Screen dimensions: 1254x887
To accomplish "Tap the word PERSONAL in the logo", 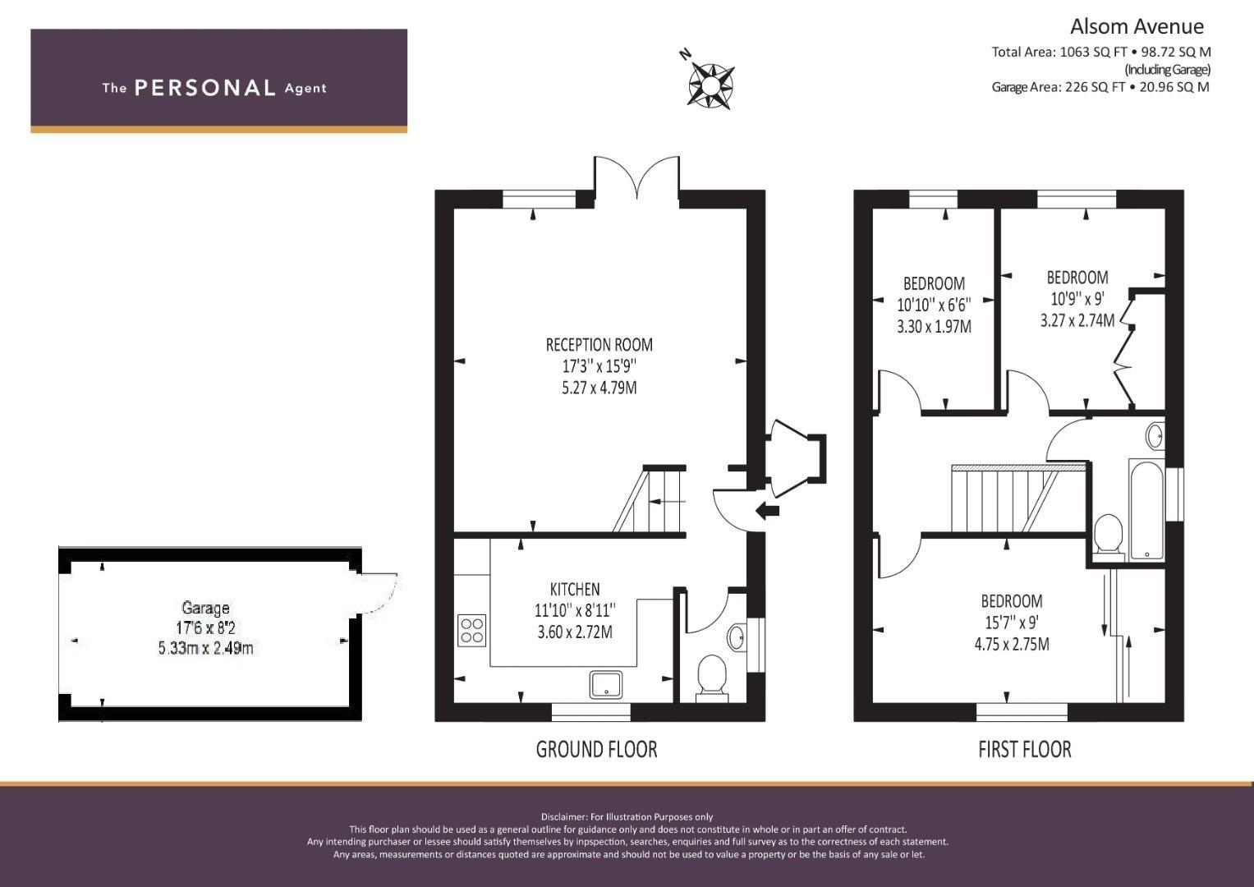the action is click(x=205, y=88).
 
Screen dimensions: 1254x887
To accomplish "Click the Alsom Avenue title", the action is click(x=1137, y=26).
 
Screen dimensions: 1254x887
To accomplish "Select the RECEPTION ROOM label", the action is click(x=599, y=344).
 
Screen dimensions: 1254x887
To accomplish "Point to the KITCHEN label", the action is click(x=575, y=589).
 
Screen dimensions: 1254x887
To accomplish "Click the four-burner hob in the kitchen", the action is click(x=471, y=630).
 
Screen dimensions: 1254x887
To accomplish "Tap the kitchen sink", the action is click(x=605, y=684).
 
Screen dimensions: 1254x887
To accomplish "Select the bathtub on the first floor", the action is click(x=1146, y=509).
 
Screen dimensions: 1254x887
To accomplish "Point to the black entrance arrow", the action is click(x=767, y=510).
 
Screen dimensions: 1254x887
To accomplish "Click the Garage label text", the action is click(x=205, y=608).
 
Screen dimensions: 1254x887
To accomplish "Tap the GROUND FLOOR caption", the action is click(x=596, y=749).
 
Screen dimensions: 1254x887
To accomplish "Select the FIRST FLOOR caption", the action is click(x=1025, y=749).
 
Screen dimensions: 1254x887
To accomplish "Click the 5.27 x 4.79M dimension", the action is click(x=599, y=388).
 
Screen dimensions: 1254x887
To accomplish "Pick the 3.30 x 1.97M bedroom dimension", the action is click(x=934, y=327).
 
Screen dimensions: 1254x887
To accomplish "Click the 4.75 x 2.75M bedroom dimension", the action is click(x=1012, y=644).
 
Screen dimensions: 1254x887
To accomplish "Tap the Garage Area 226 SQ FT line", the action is click(x=1100, y=87).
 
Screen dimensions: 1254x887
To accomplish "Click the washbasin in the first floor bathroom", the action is click(x=1155, y=435).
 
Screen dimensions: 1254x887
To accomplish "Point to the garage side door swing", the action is click(x=379, y=593).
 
